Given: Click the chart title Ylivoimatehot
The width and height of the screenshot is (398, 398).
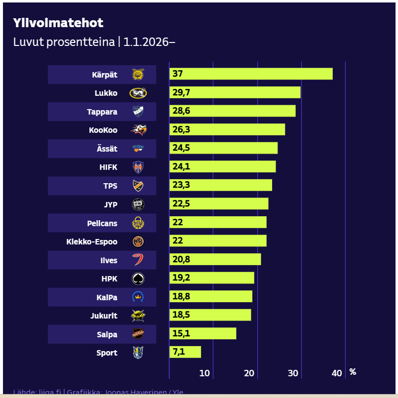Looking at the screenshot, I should click(x=58, y=23).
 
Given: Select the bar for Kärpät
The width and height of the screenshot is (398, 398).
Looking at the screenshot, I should click(x=251, y=74).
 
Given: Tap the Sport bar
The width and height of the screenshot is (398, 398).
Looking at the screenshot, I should click(x=185, y=352).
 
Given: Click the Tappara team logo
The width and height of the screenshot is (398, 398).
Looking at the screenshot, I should click(x=138, y=112).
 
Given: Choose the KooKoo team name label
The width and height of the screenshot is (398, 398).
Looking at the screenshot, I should click(x=103, y=130).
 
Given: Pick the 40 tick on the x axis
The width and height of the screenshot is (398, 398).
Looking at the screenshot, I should click(x=337, y=373).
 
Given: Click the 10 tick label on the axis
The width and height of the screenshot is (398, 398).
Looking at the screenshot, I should click(x=204, y=373).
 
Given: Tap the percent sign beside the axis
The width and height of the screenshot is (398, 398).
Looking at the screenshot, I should click(x=353, y=372).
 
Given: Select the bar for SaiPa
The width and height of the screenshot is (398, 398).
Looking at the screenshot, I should click(x=202, y=334).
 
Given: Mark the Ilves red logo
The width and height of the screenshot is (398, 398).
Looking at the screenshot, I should click(x=138, y=260).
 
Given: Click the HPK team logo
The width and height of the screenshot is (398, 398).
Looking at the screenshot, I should click(x=138, y=279).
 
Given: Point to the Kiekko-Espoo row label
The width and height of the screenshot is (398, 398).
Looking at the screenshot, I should click(x=92, y=241).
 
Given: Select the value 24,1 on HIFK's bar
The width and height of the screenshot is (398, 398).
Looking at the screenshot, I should click(x=180, y=166).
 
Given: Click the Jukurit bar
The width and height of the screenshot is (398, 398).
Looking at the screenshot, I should click(x=210, y=315).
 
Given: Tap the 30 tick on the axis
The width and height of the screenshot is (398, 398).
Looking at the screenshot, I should click(x=293, y=373).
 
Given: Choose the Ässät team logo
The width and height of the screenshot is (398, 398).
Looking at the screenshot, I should click(x=138, y=149).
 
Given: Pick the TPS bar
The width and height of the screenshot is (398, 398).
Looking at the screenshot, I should click(x=220, y=185).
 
